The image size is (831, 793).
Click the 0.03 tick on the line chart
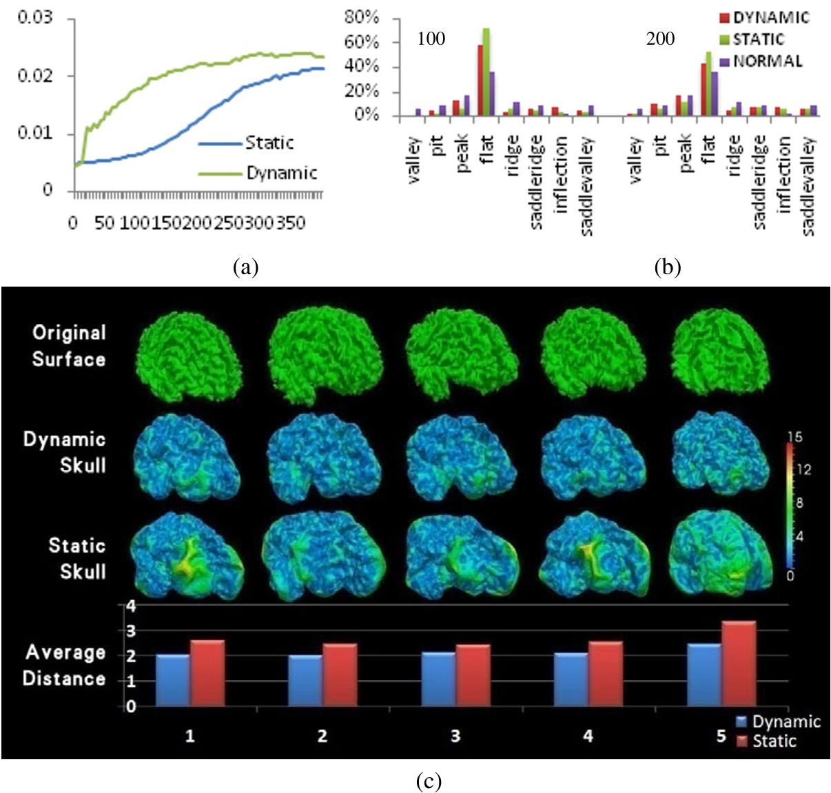coord(34,17)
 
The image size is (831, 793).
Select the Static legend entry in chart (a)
coord(269,143)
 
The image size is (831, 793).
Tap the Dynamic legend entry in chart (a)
coord(281,172)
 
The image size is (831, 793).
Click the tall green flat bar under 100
coord(486,72)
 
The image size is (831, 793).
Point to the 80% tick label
coord(361,17)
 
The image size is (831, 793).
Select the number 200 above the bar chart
coord(660,39)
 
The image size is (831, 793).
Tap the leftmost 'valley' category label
coord(414,160)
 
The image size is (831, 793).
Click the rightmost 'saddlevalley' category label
coord(809,186)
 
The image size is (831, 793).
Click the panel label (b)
coord(666,267)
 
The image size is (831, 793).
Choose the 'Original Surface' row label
coord(69,345)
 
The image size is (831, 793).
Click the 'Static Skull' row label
coord(76,558)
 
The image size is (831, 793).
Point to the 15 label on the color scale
coord(794,437)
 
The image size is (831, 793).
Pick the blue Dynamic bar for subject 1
coord(172,679)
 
